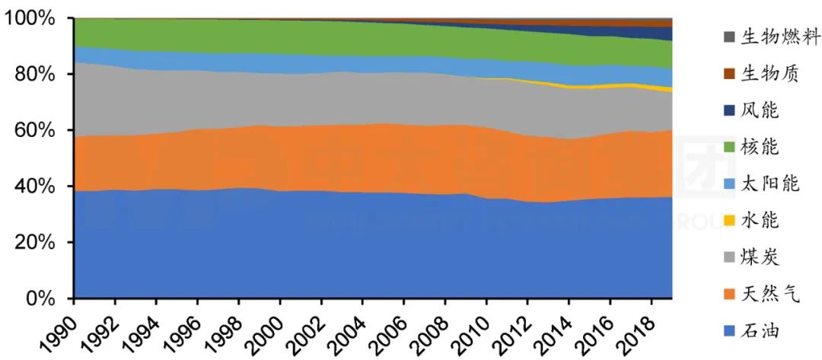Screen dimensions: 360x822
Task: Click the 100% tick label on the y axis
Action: [x=35, y=18]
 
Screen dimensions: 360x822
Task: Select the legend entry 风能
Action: [x=749, y=110]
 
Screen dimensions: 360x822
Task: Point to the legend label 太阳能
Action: [x=758, y=183]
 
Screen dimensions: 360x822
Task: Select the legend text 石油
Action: [x=749, y=330]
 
